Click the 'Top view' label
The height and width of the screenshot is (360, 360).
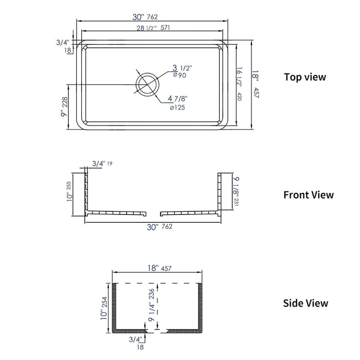tap(305, 77)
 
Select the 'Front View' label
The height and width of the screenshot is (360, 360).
tap(309, 195)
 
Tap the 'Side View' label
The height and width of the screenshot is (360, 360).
tap(305, 303)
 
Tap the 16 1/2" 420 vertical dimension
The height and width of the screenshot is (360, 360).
tap(239, 83)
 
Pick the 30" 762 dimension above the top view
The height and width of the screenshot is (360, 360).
tap(152, 16)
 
